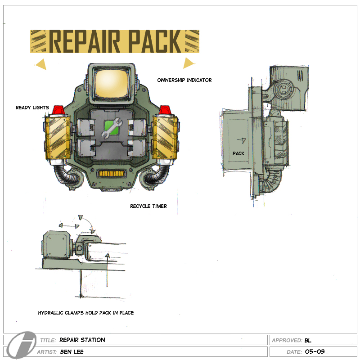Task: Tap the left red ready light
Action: coord(58,110)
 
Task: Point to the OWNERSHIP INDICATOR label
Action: coord(184,80)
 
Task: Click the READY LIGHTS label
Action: coord(32,108)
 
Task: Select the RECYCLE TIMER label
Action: coord(148,206)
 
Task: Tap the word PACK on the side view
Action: coord(238,153)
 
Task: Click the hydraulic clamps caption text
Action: coord(85,312)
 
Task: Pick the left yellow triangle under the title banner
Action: coord(41,65)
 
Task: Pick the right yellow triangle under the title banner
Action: coord(188,63)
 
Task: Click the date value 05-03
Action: coord(315,351)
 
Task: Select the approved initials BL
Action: coord(308,340)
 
